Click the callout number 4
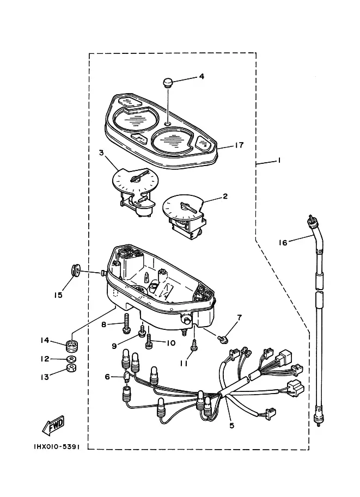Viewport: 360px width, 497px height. (202, 76)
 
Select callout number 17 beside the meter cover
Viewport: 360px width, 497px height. (239, 145)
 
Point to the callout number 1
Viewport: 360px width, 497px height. (279, 161)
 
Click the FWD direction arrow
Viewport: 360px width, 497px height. (53, 425)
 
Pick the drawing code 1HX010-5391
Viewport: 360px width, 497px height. (57, 447)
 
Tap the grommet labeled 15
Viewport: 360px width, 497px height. (75, 270)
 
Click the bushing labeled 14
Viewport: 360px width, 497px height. (72, 345)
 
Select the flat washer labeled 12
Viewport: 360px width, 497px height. (71, 359)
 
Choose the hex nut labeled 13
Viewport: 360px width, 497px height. (71, 367)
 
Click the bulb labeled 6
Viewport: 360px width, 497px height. (126, 377)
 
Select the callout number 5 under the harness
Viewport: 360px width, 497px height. (232, 426)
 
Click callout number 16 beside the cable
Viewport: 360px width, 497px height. (283, 243)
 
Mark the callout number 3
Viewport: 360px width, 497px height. (101, 153)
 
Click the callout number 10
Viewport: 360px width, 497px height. (170, 343)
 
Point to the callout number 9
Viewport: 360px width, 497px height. (114, 346)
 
